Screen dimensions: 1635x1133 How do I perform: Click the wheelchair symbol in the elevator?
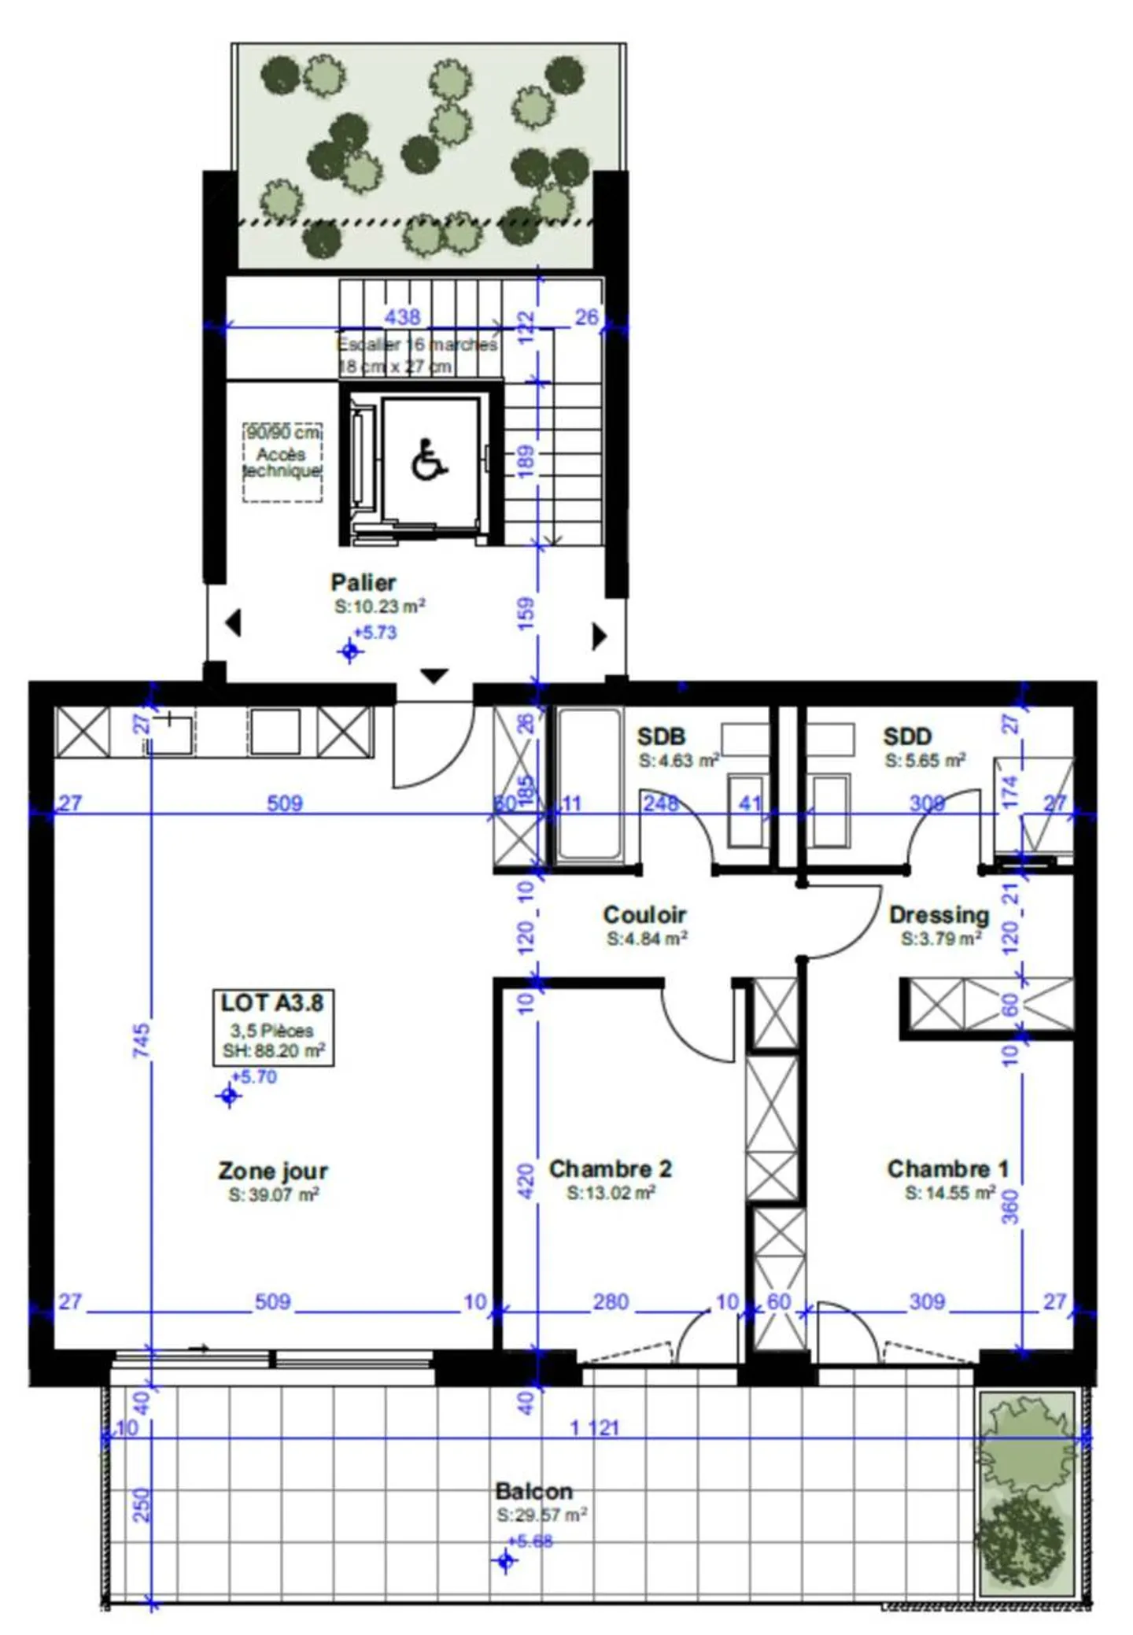(429, 460)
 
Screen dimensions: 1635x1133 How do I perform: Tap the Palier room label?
(363, 583)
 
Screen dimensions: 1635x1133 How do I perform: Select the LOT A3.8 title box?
(273, 1027)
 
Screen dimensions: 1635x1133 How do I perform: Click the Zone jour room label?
(273, 1171)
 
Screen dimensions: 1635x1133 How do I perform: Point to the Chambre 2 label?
(611, 1169)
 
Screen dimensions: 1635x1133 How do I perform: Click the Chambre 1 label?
(947, 1169)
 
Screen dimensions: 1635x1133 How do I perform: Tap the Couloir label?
(644, 915)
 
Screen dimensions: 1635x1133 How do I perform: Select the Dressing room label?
(939, 915)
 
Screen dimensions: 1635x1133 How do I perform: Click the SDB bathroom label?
(661, 736)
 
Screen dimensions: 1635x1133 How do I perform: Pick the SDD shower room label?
(907, 736)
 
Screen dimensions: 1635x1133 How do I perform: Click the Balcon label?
(533, 1491)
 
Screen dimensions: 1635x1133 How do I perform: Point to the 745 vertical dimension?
(142, 1039)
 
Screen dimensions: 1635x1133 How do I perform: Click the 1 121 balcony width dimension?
(595, 1427)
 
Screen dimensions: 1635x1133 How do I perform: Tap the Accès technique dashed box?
(282, 462)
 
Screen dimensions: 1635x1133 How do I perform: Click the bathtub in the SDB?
(589, 784)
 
